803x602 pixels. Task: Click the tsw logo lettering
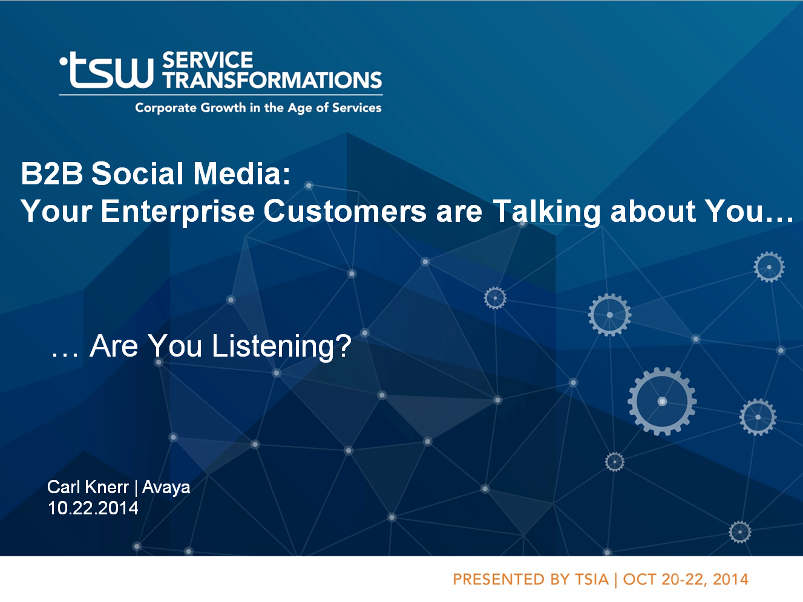[x=107, y=70]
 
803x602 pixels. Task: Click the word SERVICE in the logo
[x=208, y=60]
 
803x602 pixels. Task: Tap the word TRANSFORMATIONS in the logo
[x=272, y=80]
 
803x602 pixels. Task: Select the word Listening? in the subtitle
[x=282, y=346]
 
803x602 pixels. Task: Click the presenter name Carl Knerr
[x=88, y=487]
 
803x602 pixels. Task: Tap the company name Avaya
[x=166, y=488]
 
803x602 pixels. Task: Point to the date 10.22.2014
[x=93, y=508]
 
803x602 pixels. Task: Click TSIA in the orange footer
[x=592, y=580]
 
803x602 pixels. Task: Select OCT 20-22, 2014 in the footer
[x=686, y=580]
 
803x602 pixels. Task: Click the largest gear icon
[x=662, y=401]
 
